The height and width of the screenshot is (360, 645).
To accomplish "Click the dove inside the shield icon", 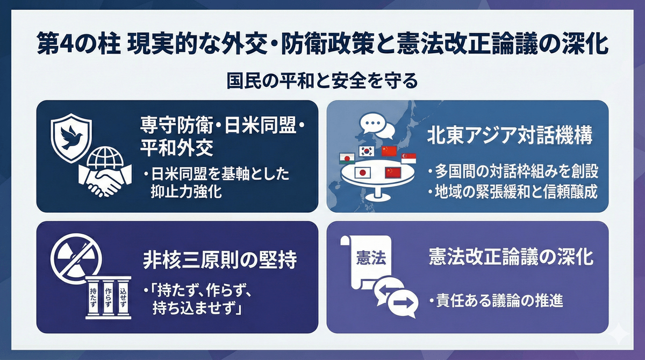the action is (71, 138).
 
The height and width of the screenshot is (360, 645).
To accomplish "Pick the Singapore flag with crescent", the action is (408, 159).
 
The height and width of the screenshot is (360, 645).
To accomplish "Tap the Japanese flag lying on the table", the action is (362, 173).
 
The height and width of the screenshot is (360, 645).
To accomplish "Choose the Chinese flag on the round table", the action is (393, 172).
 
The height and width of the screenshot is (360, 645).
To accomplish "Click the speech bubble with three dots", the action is (372, 123).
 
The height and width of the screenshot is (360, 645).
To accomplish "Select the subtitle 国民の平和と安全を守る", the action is (322, 82).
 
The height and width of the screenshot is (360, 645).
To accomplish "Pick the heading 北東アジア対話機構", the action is (510, 135).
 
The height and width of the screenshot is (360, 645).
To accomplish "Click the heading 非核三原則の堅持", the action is (220, 260).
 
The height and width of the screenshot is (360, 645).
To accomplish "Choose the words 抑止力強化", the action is (187, 191).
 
